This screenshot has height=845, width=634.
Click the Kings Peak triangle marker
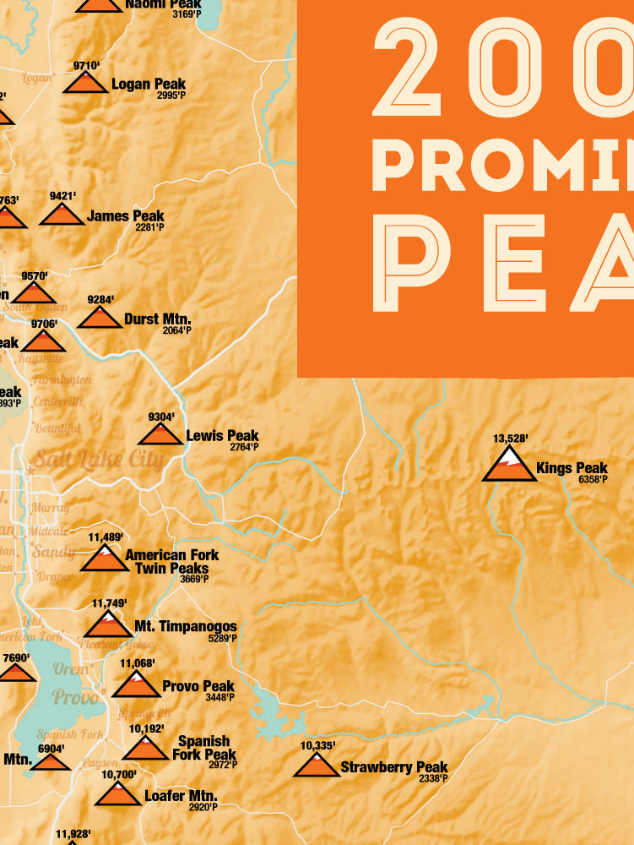coord(509,466)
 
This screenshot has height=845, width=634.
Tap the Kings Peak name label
coord(572,468)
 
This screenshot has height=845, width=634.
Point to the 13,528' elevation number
coord(510,438)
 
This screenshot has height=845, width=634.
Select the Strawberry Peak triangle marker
coord(317,766)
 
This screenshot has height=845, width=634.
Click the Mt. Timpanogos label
coord(186,626)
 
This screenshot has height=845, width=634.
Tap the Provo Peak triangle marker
coord(136,684)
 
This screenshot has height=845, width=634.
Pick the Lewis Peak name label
coord(222,436)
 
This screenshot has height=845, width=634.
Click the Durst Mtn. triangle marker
coord(100,318)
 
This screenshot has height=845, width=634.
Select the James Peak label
coord(126,216)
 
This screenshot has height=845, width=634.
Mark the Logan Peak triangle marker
coord(85,83)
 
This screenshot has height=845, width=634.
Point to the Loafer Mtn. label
coord(181,796)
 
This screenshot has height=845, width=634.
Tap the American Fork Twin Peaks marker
coord(105,559)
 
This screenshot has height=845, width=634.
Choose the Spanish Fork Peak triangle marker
coord(145,748)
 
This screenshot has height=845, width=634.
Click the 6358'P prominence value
coord(593,480)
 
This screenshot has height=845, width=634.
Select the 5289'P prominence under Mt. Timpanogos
coord(221,638)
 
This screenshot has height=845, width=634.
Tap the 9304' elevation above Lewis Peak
coord(160,417)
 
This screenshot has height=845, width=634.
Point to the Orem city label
coord(69,669)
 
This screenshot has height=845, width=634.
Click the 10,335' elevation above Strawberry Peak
coord(317,745)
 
